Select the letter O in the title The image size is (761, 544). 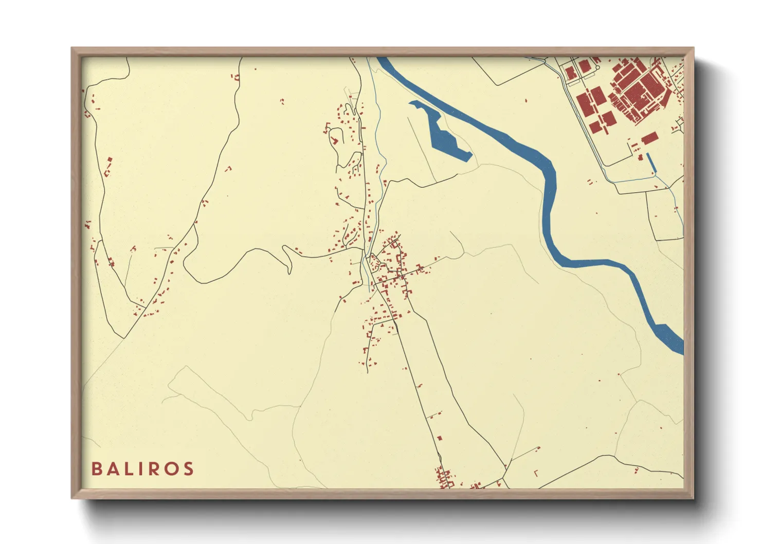pyautogui.click(x=172, y=469)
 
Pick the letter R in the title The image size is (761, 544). pyautogui.click(x=155, y=469)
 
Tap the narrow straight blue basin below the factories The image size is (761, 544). pyautogui.click(x=651, y=162)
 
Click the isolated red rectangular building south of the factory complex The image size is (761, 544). pyautogui.click(x=650, y=138)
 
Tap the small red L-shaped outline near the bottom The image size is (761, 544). pyautogui.click(x=536, y=473)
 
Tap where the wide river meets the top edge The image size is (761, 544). pyautogui.click(x=383, y=59)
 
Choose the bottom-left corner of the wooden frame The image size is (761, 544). pyautogui.click(x=73, y=498)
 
